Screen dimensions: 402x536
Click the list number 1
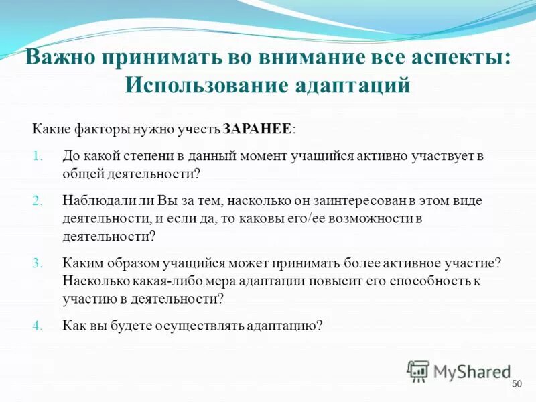pyautogui.click(x=37, y=155)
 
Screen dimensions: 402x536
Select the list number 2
pyautogui.click(x=37, y=200)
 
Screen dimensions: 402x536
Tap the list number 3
pyautogui.click(x=37, y=263)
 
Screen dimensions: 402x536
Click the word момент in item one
pyautogui.click(x=262, y=155)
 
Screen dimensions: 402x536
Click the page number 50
pyautogui.click(x=516, y=383)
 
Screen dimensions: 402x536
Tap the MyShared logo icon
pyautogui.click(x=418, y=371)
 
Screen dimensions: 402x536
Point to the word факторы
pyautogui.click(x=92, y=128)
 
